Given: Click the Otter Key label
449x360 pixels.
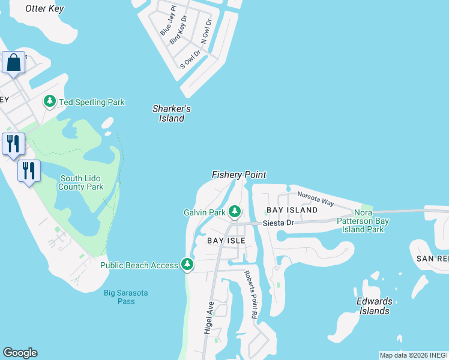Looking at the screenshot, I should pos(44,9).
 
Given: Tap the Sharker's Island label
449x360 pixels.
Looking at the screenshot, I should pos(172,113).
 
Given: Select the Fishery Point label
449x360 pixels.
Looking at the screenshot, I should pos(239,175).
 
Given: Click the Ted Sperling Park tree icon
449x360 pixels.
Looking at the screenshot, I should pos(50,102).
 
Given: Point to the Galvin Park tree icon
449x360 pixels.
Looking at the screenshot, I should pos(235,212).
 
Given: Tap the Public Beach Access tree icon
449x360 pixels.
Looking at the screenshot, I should pos(187,265).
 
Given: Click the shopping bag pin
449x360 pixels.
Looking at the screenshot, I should pos(13,62).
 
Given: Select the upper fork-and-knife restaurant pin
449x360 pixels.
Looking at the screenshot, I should pos(13,144).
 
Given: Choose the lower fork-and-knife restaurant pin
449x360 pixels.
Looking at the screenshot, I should pos(28,172).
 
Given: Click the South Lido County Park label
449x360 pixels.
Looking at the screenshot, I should pos(81,182).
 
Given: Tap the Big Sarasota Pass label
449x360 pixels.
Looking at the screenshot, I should pos(126,297).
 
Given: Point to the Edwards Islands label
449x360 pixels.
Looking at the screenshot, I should pos(375,306).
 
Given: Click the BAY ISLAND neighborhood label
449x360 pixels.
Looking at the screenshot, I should pos(292,210).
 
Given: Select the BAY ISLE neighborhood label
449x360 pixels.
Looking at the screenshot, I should pos(226,240).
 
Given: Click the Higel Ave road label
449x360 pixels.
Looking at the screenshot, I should pos(209,317).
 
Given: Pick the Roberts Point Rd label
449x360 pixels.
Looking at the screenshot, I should pos(250,294).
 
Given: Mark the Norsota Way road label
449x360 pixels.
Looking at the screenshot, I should pos(316,198).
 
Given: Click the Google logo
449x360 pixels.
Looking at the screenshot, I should pos(20,353).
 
